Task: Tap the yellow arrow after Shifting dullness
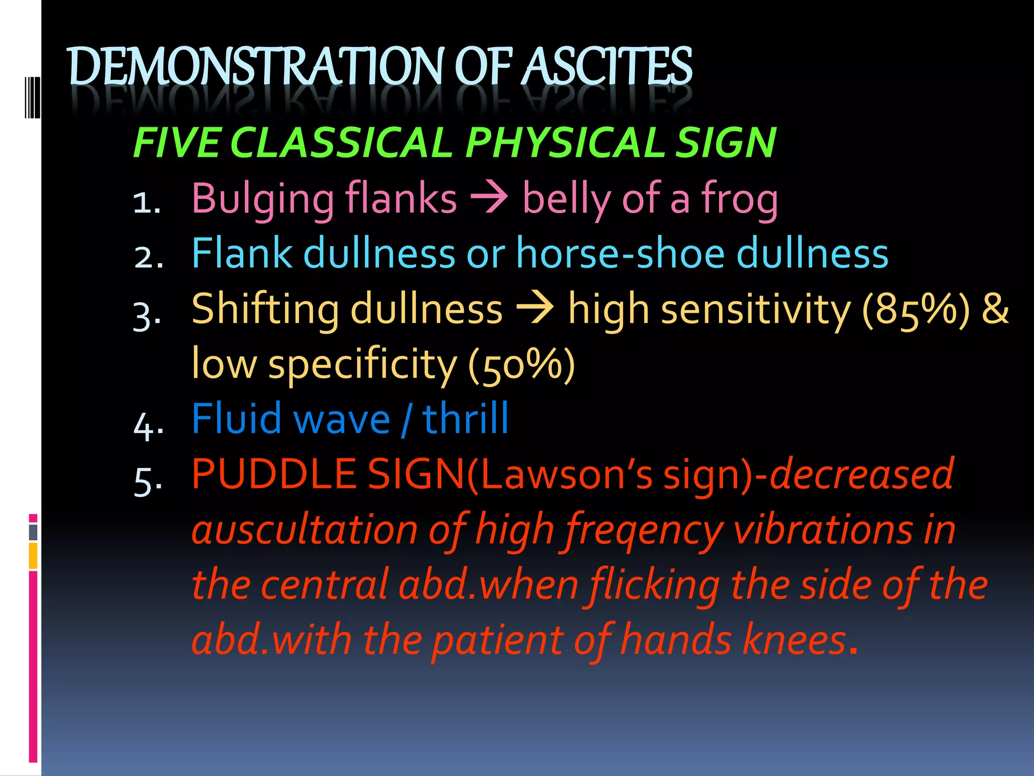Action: point(535,309)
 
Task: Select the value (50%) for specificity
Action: point(522,364)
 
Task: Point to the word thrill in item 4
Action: point(466,419)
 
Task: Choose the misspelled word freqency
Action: point(644,530)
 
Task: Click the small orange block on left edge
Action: point(33,556)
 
